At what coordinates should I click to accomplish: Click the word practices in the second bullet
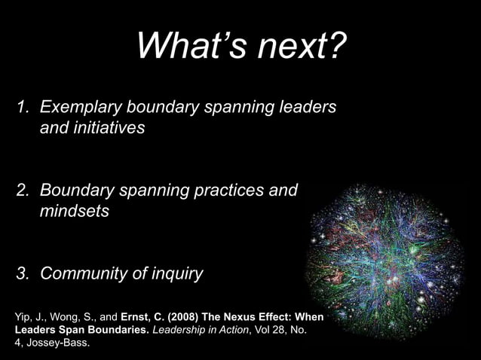pos(229,191)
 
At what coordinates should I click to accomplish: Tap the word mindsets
pos(75,212)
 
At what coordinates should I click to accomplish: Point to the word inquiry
pos(176,273)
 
